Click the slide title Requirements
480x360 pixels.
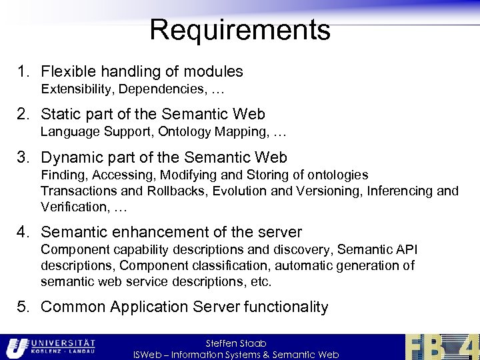[x=240, y=30]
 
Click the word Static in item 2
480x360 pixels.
[x=60, y=115]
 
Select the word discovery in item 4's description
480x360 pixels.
[x=306, y=249]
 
